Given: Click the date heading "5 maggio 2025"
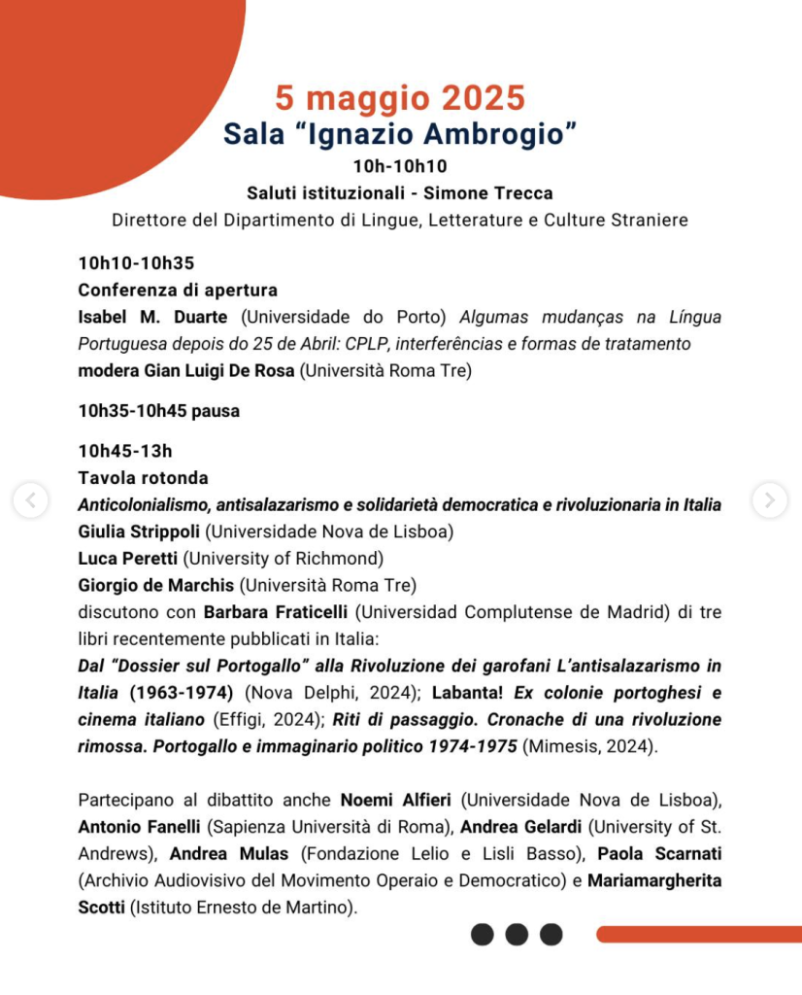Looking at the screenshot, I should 399,98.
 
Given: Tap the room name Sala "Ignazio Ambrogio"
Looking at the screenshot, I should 400,133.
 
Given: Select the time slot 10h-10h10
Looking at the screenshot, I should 400,167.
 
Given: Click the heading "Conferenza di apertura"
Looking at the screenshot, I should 178,290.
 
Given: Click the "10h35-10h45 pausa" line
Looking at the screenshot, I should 158,411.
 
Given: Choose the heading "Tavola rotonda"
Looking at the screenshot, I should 143,478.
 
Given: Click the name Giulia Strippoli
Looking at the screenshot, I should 139,532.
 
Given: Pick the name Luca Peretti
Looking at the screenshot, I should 128,558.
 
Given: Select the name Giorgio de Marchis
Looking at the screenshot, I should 156,585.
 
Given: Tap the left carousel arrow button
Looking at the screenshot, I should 30,500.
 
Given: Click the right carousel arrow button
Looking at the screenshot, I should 770,500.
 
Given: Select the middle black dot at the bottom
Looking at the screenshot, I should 517,935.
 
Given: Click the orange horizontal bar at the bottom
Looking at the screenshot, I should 698,935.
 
